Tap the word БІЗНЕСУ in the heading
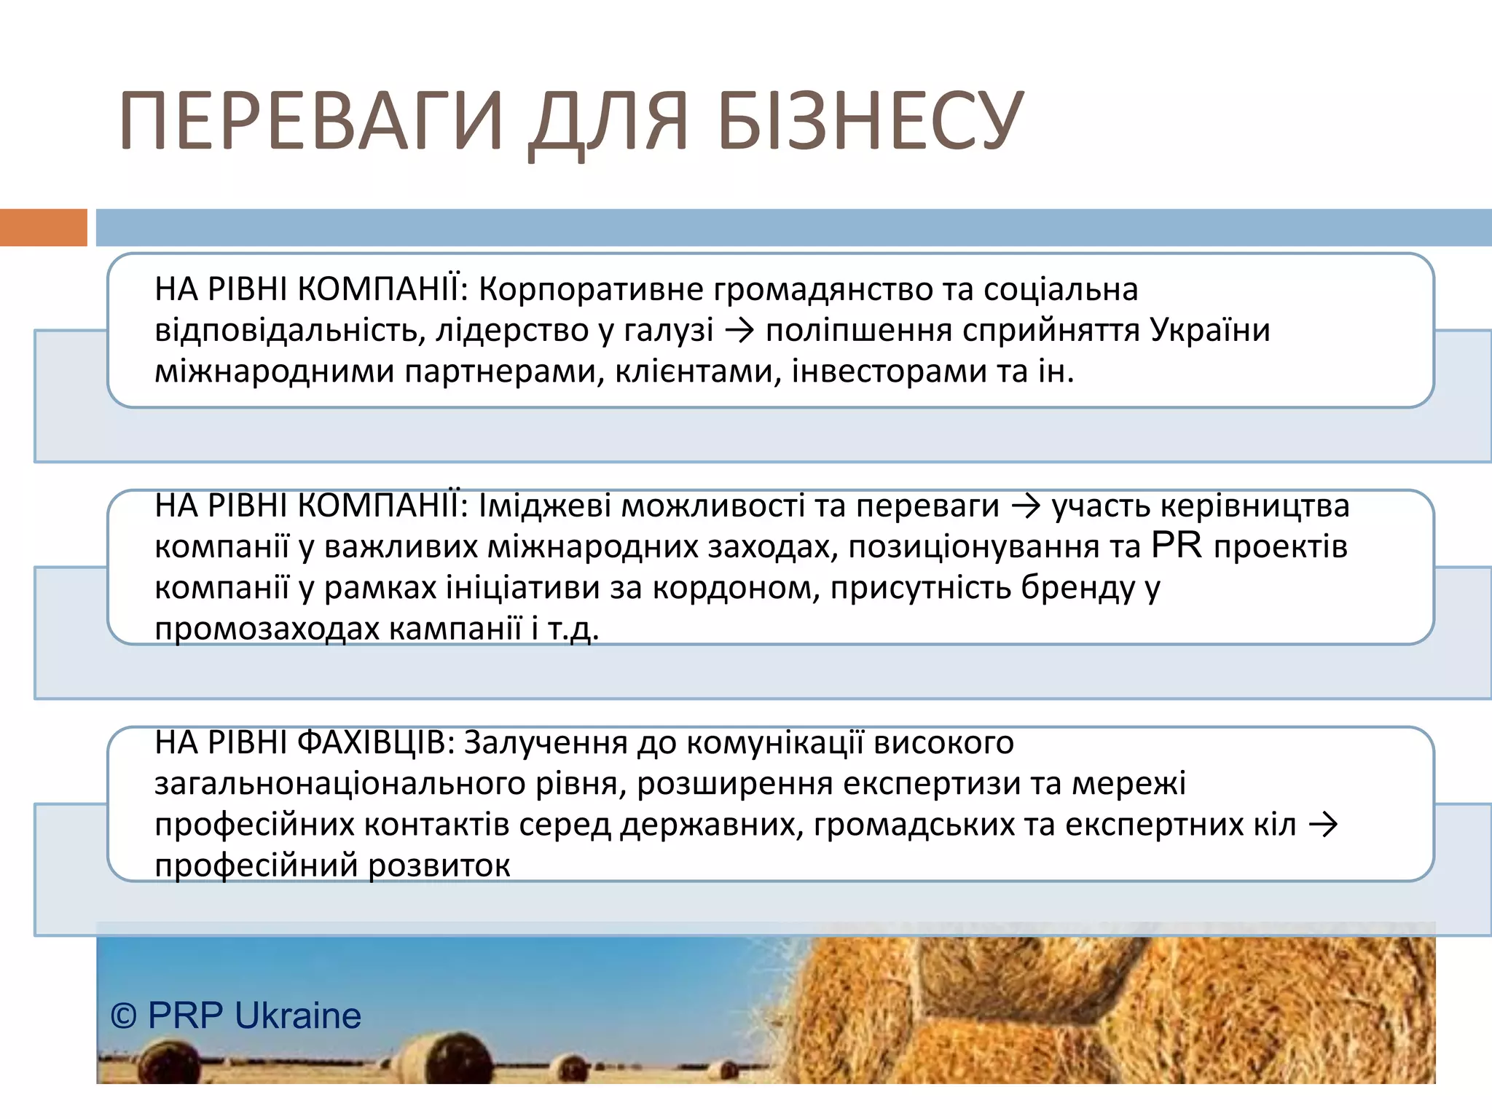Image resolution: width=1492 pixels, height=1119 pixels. tap(871, 121)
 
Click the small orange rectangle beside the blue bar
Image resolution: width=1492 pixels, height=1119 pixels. tap(43, 227)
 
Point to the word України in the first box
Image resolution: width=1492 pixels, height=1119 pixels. tap(1210, 331)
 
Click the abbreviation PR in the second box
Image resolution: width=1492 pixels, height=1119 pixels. tap(1177, 546)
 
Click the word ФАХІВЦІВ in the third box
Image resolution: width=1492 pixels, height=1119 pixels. tap(376, 743)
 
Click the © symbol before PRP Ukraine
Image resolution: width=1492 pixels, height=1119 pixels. tap(124, 1016)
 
